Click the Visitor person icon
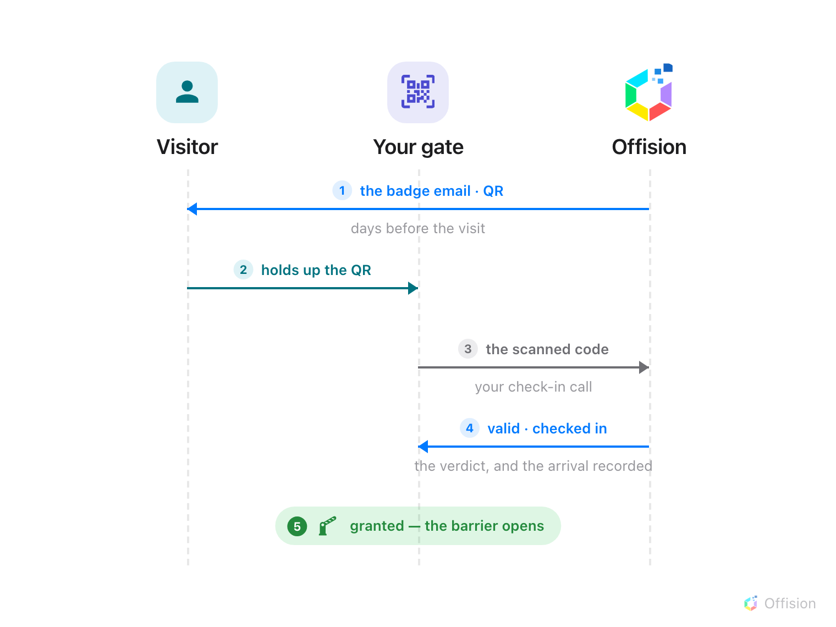pyautogui.click(x=187, y=92)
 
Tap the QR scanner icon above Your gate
pyautogui.click(x=418, y=92)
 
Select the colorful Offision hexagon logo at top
pyautogui.click(x=648, y=92)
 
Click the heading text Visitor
pyautogui.click(x=187, y=147)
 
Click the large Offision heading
pyautogui.click(x=649, y=147)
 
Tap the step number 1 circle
pyautogui.click(x=342, y=190)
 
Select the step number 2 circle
pyautogui.click(x=243, y=269)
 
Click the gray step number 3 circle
pyautogui.click(x=468, y=349)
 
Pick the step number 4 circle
pyautogui.click(x=470, y=428)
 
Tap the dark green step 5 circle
pyautogui.click(x=297, y=526)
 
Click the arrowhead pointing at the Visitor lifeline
pyautogui.click(x=192, y=208)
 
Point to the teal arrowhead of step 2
pyautogui.click(x=413, y=288)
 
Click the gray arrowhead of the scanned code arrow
pyautogui.click(x=643, y=367)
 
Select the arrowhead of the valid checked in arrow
pyautogui.click(x=423, y=446)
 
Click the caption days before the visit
pyautogui.click(x=418, y=228)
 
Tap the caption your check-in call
pyautogui.click(x=533, y=387)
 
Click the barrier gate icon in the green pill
pyautogui.click(x=327, y=526)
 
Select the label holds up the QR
pyautogui.click(x=316, y=270)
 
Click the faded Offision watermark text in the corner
pyautogui.click(x=790, y=603)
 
